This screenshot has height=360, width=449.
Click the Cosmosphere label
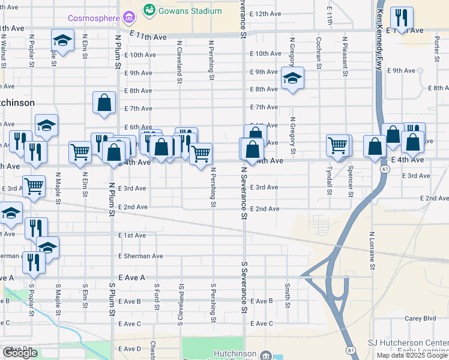[93, 18]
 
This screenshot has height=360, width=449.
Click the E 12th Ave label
[265, 13]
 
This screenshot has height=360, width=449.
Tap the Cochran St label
[318, 53]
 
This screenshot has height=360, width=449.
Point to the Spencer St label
[350, 178]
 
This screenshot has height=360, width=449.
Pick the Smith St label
[288, 296]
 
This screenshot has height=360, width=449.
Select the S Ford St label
[157, 297]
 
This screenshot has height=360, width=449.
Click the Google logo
[20, 353]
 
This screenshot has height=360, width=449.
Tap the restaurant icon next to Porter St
[402, 17]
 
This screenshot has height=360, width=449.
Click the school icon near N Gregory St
[292, 79]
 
